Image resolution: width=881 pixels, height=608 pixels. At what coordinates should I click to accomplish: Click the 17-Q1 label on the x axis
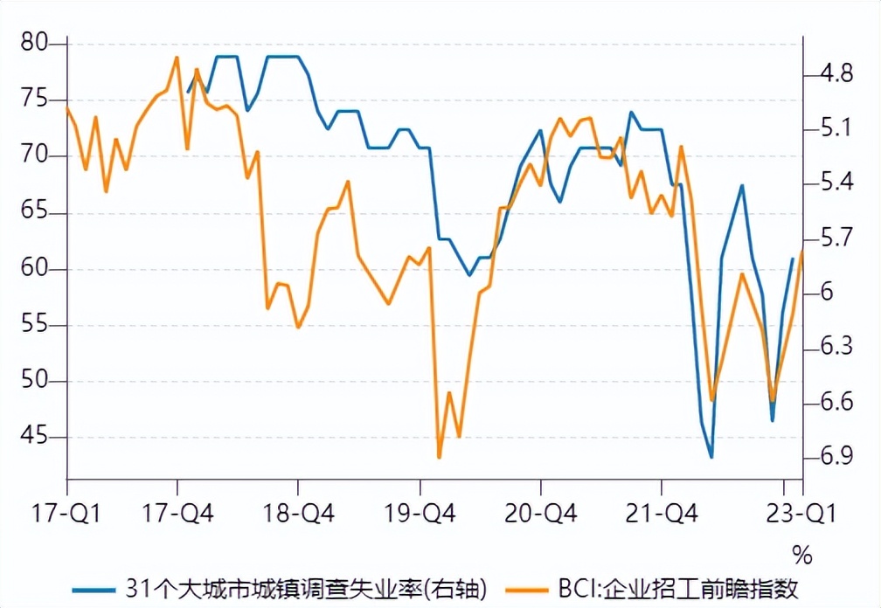coord(66,513)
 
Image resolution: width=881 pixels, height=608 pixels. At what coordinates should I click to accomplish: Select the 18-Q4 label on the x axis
coord(298,513)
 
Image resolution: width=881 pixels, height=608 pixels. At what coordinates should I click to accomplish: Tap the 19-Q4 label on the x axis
coord(420,513)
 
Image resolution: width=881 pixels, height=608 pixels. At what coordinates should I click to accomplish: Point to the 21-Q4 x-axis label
coord(661,513)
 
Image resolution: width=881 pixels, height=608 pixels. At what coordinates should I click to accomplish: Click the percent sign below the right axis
coord(802,555)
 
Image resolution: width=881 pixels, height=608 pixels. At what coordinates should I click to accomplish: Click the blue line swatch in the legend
coord(97,587)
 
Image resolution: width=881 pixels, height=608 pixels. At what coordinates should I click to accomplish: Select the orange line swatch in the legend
coord(527,587)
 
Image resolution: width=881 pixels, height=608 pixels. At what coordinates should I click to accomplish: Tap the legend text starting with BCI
coord(677,587)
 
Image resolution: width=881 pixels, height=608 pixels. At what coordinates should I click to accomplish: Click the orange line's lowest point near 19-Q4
coord(440,457)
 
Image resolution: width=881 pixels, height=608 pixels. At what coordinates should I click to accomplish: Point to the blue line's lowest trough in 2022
coord(711,457)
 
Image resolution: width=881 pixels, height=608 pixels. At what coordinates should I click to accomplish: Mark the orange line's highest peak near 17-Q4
coord(177,58)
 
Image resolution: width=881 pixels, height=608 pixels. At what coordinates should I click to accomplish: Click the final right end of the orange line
coord(801,252)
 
